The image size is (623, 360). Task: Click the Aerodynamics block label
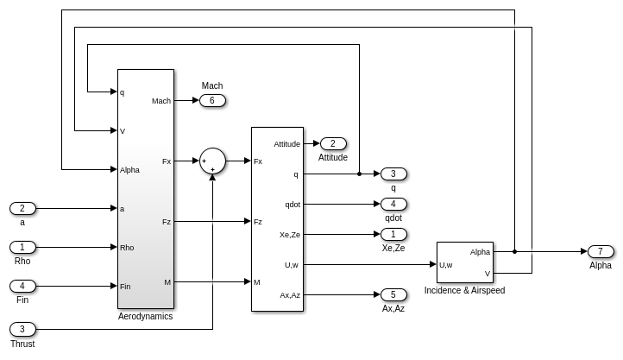click(145, 317)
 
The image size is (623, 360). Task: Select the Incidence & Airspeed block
click(464, 262)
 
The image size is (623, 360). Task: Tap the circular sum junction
click(212, 161)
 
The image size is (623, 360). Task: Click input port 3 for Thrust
click(22, 329)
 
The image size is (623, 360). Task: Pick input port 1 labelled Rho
click(22, 247)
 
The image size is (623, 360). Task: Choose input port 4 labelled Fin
click(22, 286)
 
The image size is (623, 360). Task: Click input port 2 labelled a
click(22, 208)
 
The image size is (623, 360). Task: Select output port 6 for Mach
click(212, 101)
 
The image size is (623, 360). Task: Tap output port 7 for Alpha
click(601, 252)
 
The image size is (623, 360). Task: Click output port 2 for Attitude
click(333, 144)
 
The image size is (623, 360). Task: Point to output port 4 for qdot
click(393, 205)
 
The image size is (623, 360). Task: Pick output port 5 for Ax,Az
click(393, 295)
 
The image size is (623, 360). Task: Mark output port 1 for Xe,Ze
click(393, 235)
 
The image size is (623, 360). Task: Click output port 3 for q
click(393, 174)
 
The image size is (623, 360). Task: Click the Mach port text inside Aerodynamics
click(161, 101)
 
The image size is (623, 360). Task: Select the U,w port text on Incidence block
click(446, 265)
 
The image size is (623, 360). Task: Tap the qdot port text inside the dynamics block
click(293, 205)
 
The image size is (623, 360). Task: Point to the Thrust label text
click(22, 344)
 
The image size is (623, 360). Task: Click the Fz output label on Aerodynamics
click(167, 222)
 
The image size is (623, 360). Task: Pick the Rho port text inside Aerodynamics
click(127, 247)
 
